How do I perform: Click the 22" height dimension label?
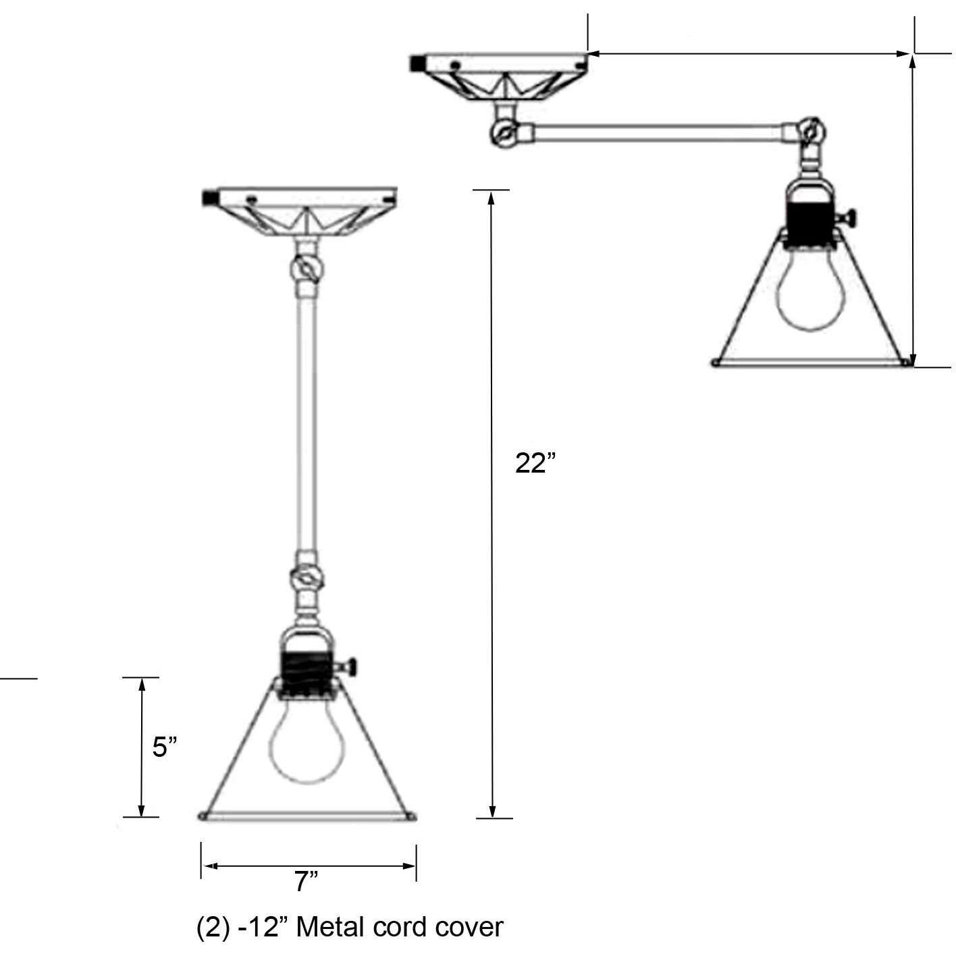click(x=535, y=464)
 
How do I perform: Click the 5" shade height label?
click(x=164, y=747)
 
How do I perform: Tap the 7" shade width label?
click(x=307, y=881)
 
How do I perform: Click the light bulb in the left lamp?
click(x=307, y=743)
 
